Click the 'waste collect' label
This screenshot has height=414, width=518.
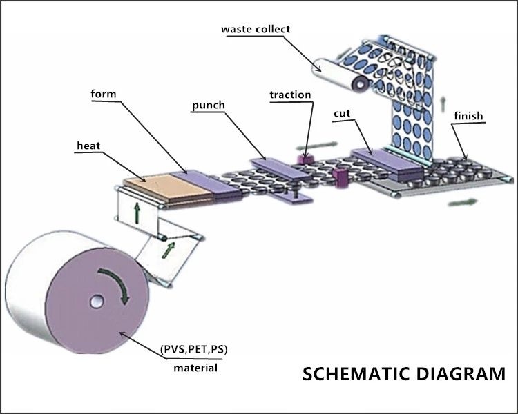[x=256, y=29]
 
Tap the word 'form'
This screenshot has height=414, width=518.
[x=104, y=94]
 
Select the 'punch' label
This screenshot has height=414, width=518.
[x=209, y=106]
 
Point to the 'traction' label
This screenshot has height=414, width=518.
[x=290, y=95]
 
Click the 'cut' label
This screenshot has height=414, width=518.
[x=342, y=114]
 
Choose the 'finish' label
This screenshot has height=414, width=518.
[x=468, y=116]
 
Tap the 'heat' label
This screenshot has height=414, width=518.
[x=88, y=146]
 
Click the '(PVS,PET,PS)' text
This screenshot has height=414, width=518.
[x=194, y=349]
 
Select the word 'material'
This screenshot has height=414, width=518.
[x=195, y=368]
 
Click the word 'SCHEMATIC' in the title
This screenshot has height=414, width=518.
[x=356, y=374]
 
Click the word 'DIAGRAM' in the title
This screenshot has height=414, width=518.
[x=461, y=374]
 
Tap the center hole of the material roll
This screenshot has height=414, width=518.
[x=97, y=302]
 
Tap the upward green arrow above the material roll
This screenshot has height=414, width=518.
[x=137, y=213]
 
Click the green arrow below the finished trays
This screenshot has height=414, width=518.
[x=463, y=202]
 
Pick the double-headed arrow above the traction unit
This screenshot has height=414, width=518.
[x=317, y=146]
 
